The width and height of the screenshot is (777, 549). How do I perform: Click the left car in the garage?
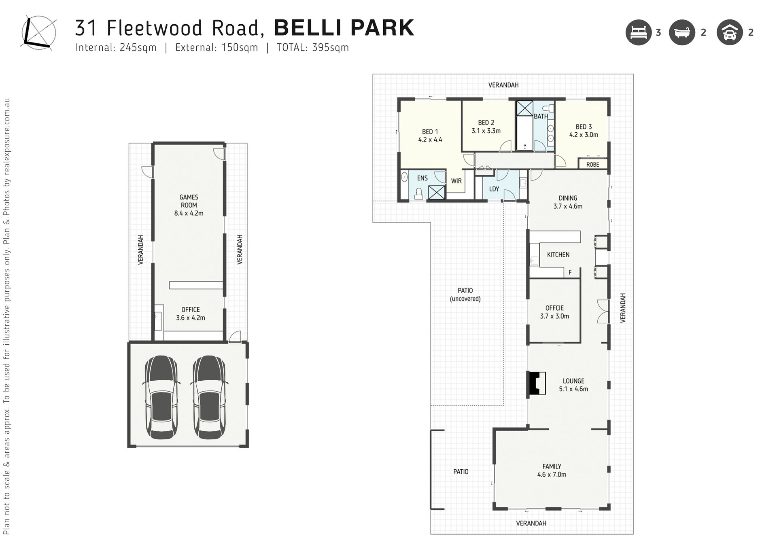click(x=161, y=397)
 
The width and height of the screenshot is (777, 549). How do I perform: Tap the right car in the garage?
click(x=209, y=397)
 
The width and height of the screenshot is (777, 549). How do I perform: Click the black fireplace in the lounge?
click(x=536, y=383)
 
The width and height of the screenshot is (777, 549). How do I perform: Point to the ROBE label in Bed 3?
click(x=592, y=165)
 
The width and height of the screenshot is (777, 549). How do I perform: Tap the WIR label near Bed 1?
click(x=456, y=181)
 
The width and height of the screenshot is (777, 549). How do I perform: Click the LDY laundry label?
click(x=494, y=189)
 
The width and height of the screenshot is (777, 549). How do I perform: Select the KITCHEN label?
click(x=558, y=254)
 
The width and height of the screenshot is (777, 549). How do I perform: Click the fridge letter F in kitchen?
click(x=570, y=272)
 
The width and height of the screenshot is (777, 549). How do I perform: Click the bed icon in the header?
click(x=639, y=32)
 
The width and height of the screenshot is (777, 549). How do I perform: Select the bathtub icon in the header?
click(x=682, y=32)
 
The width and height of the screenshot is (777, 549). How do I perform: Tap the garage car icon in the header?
click(x=730, y=32)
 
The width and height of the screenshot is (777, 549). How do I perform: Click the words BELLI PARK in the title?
click(x=344, y=28)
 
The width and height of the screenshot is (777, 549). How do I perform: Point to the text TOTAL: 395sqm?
click(x=313, y=47)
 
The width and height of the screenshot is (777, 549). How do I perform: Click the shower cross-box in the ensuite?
click(x=437, y=192)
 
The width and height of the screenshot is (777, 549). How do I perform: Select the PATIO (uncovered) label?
click(x=465, y=295)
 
